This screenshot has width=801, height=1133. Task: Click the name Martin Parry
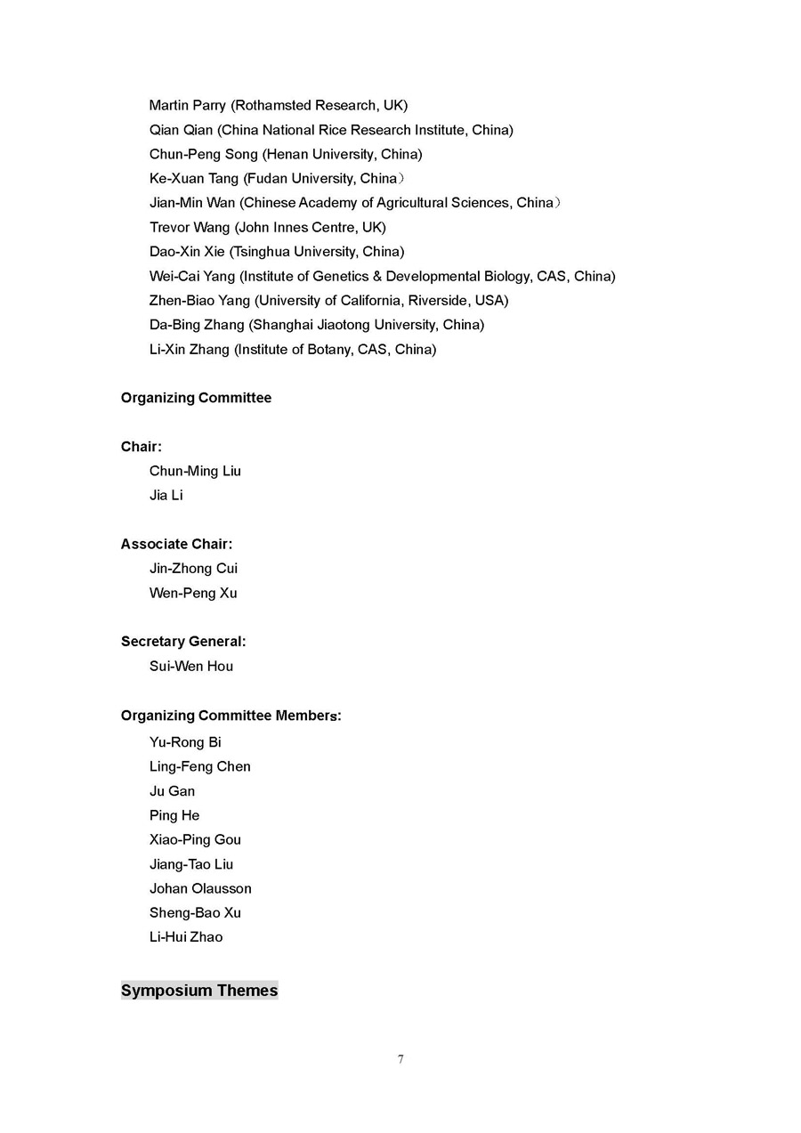(187, 106)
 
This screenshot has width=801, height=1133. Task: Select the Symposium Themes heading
(199, 991)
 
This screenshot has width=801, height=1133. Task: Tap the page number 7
(400, 1059)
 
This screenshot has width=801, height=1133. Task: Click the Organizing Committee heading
(196, 398)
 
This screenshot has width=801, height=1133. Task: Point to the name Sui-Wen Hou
(191, 667)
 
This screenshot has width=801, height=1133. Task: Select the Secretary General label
(182, 642)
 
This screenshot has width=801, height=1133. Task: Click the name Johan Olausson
(200, 888)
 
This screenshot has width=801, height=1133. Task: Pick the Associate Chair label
(176, 544)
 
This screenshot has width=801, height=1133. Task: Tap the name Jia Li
(166, 496)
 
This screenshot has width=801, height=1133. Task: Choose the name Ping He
(174, 815)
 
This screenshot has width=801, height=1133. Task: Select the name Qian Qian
(181, 130)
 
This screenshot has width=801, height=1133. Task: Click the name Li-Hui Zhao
(186, 937)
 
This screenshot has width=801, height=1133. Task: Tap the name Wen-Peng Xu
(193, 593)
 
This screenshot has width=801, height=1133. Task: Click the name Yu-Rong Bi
(185, 742)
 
